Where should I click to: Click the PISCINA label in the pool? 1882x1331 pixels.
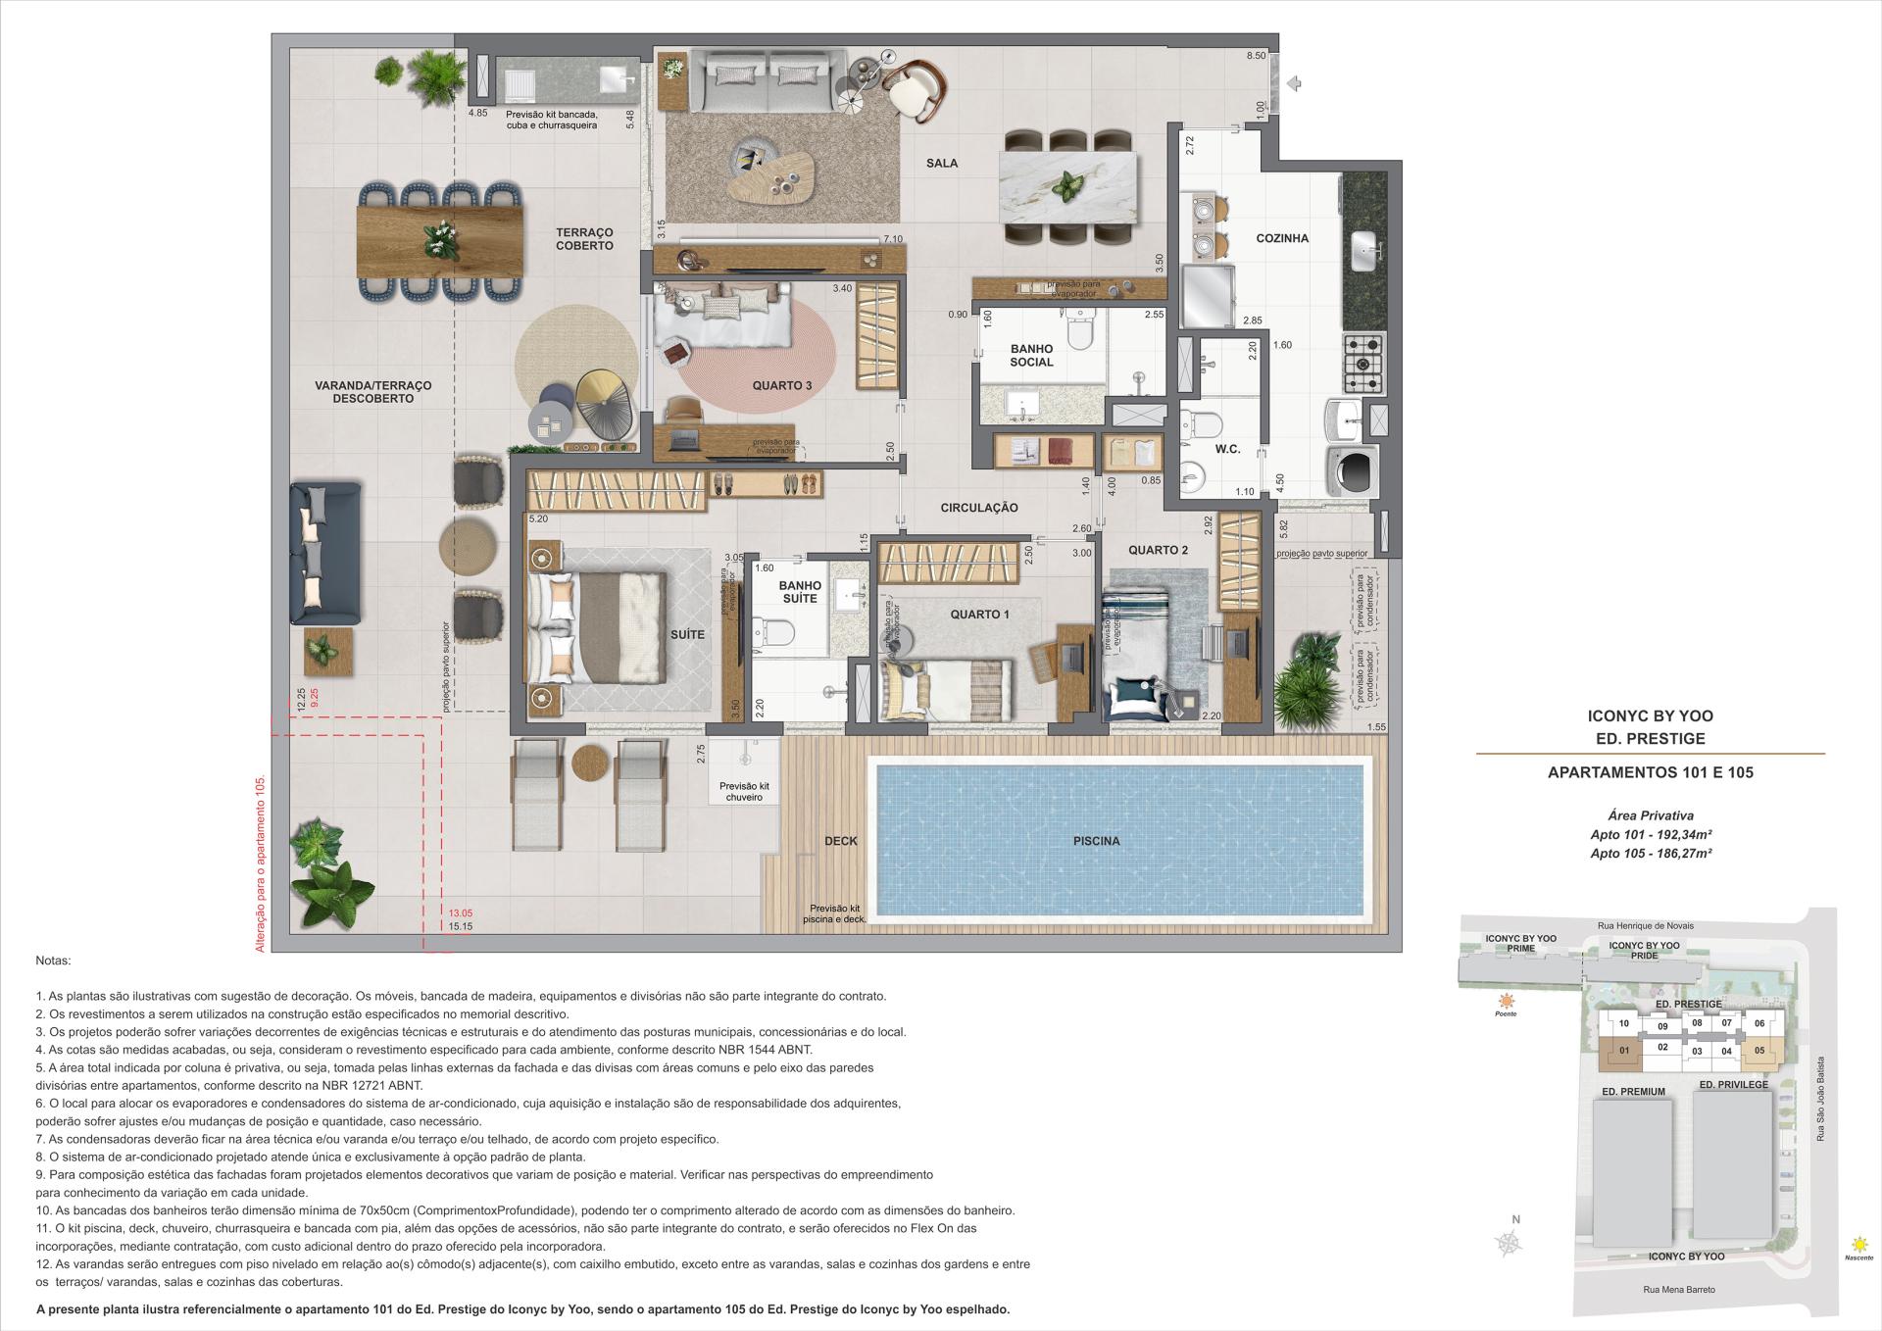pyautogui.click(x=1096, y=841)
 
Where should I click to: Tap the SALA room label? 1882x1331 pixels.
pyautogui.click(x=942, y=164)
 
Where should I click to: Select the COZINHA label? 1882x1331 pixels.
pyautogui.click(x=1282, y=238)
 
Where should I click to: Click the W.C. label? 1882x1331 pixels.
pyautogui.click(x=1227, y=450)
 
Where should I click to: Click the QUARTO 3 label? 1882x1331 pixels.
pyautogui.click(x=781, y=385)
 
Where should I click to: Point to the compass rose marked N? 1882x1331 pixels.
pyautogui.click(x=1510, y=1242)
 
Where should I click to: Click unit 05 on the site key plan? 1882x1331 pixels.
pyautogui.click(x=1759, y=1052)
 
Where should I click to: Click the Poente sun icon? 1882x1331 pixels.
pyautogui.click(x=1506, y=1001)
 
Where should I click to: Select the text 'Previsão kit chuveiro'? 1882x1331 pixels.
pyautogui.click(x=744, y=792)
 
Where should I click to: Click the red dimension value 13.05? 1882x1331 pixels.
pyautogui.click(x=461, y=912)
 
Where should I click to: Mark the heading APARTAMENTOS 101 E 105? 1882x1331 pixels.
pyautogui.click(x=1650, y=772)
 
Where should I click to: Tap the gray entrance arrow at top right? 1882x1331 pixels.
pyautogui.click(x=1294, y=84)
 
